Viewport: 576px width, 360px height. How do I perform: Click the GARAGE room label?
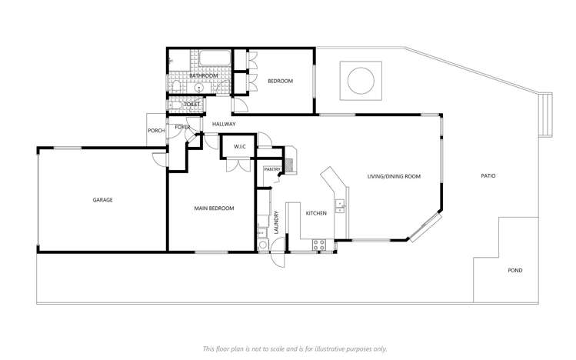tap(103, 200)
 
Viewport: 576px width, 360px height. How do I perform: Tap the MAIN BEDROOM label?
tap(213, 208)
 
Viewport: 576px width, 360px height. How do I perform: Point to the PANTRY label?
tap(271, 169)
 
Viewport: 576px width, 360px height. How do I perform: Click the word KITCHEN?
tap(317, 212)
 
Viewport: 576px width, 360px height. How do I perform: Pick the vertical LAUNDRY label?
tap(275, 222)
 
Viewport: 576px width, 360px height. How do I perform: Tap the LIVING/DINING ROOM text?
tap(394, 177)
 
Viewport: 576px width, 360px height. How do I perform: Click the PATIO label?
tap(488, 176)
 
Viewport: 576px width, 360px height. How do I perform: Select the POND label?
tap(514, 271)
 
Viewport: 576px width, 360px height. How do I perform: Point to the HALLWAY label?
tap(224, 124)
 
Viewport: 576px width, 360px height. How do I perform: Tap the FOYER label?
tap(182, 127)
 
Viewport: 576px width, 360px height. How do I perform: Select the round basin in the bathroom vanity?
tap(200, 88)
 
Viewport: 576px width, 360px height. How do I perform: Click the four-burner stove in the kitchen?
tap(319, 245)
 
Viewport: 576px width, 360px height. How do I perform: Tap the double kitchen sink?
tap(339, 205)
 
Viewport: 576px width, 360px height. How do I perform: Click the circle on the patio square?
tap(359, 80)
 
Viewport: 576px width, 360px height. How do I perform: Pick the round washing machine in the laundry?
tap(263, 245)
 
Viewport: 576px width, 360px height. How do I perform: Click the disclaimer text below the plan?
tap(295, 348)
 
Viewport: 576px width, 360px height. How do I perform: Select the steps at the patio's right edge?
tap(546, 113)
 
